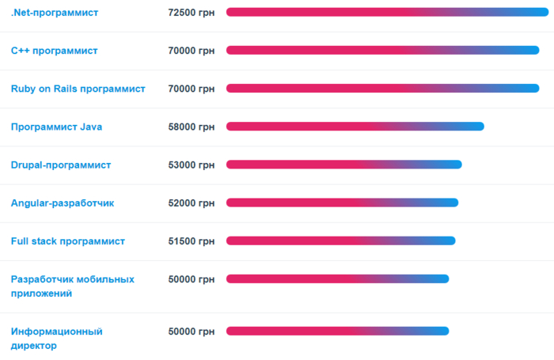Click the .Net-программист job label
click(x=54, y=13)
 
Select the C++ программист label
click(x=54, y=51)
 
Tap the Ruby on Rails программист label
click(x=78, y=89)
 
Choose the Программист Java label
click(x=56, y=127)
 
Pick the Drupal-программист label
click(x=60, y=165)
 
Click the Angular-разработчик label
click(x=63, y=203)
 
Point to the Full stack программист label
click(x=67, y=241)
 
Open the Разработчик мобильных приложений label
click(x=72, y=286)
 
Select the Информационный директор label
click(x=56, y=338)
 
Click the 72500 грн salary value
click(x=192, y=13)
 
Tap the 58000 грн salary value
click(x=192, y=127)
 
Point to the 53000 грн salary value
click(x=192, y=165)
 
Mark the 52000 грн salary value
click(x=192, y=203)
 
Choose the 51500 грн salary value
click(x=192, y=241)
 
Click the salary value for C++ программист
click(x=192, y=51)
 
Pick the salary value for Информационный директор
click(x=192, y=331)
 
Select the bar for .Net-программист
click(x=382, y=12)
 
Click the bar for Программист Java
click(x=355, y=127)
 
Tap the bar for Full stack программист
click(x=340, y=241)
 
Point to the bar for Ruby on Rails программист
click(x=382, y=88)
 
